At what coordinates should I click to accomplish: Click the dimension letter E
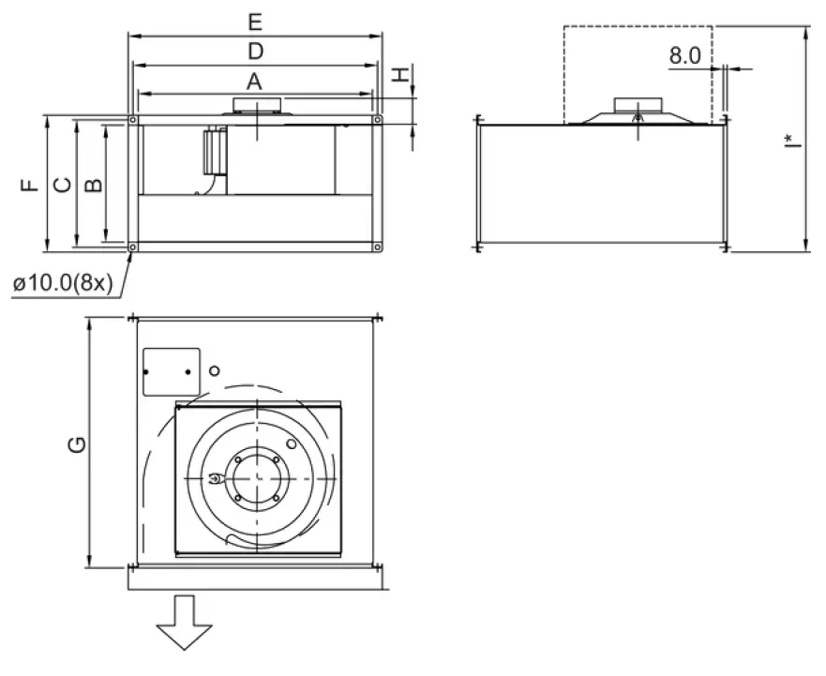pyautogui.click(x=254, y=21)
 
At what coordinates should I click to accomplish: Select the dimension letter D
pyautogui.click(x=254, y=51)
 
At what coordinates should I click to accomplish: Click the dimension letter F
pyautogui.click(x=30, y=185)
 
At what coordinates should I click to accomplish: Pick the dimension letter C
pyautogui.click(x=61, y=185)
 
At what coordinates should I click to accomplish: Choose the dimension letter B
pyautogui.click(x=93, y=185)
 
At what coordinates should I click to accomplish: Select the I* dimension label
pyautogui.click(x=793, y=141)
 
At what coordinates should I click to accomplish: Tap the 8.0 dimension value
pyautogui.click(x=684, y=55)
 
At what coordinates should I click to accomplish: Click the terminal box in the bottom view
pyautogui.click(x=172, y=371)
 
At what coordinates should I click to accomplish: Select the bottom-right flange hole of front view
pyautogui.click(x=377, y=248)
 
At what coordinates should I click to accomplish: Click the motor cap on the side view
pyautogui.click(x=638, y=104)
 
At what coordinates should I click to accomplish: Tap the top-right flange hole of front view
pyautogui.click(x=377, y=120)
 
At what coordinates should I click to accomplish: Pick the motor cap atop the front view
pyautogui.click(x=255, y=104)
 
